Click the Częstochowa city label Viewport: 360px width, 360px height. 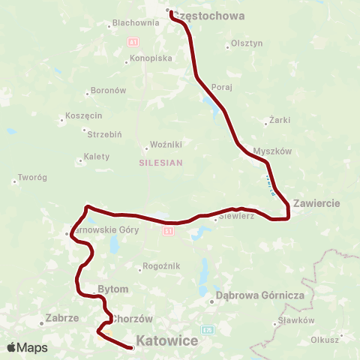(209, 15)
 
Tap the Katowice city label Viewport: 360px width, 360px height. (167, 341)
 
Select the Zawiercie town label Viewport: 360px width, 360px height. (317, 203)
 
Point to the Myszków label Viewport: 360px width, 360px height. (272, 151)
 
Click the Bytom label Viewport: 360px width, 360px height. (113, 289)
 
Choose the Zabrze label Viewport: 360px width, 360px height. (62, 317)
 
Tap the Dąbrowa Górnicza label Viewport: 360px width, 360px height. (259, 295)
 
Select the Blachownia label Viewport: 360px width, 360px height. (136, 22)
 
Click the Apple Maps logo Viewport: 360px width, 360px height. (27, 347)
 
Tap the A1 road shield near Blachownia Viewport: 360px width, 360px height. (133, 40)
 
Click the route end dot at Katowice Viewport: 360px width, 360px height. (132, 348)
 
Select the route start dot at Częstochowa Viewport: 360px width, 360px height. (168, 10)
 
